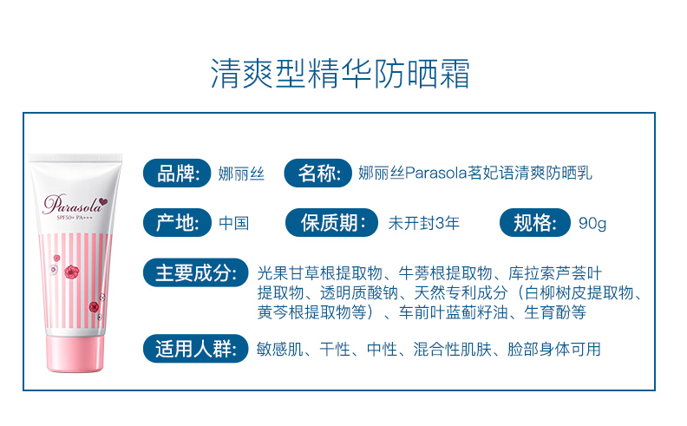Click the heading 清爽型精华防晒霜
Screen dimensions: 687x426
coord(340,73)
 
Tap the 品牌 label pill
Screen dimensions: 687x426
coord(177,174)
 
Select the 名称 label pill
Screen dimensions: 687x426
coord(318,174)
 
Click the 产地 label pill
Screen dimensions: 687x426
coord(177,223)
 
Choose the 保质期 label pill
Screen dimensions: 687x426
coord(331,223)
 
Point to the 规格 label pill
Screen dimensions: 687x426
coord(535,223)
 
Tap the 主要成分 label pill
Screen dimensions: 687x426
coord(196,272)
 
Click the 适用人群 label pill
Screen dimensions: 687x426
coord(196,349)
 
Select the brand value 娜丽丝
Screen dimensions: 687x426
coord(241,174)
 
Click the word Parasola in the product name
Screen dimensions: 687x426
coord(436,174)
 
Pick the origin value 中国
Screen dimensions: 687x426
coord(234,223)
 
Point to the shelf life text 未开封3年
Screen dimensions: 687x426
coord(423,223)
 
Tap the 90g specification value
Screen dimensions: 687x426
coord(592,224)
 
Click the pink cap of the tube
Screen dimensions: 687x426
coord(75,353)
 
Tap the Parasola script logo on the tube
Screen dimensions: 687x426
coord(72,204)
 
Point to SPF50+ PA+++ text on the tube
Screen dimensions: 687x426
coord(75,218)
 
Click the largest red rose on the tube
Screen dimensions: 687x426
coord(71,272)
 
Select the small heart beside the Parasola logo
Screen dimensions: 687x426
coord(103,201)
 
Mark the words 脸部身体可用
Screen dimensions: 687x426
coord(554,350)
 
